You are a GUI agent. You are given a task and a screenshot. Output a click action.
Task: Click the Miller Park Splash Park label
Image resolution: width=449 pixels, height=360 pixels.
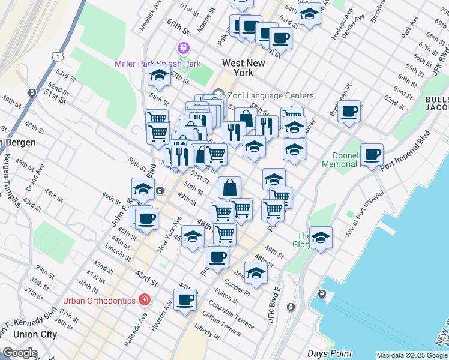coord(157,64)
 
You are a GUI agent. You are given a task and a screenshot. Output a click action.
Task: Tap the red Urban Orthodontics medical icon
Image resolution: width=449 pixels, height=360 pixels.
coord(144,299)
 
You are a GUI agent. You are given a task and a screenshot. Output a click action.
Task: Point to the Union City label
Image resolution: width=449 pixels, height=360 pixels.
coord(34,334)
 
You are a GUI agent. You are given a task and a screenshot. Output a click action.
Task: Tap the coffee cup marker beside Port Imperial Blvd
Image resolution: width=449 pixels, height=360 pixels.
coord(372,154)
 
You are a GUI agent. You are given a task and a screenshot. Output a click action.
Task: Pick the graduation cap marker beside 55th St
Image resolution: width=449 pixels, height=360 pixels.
coord(159,75)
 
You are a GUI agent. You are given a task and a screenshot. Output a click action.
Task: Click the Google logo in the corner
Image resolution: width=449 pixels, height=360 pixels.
coord(20,353)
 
